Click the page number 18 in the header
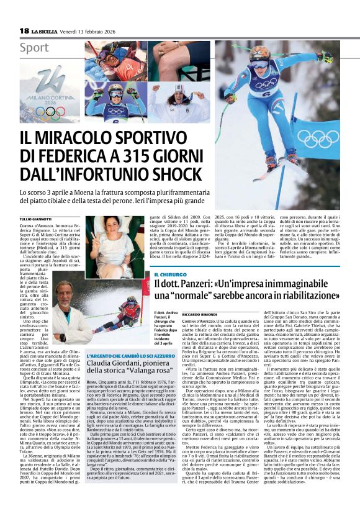(x=24, y=30)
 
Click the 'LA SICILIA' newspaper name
(x=45, y=30)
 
